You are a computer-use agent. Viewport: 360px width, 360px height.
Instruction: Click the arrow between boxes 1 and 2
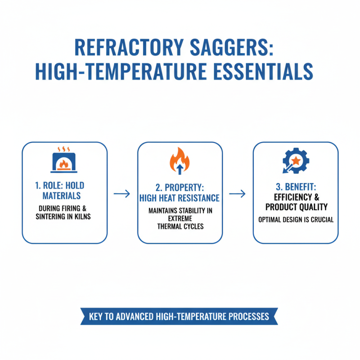122,194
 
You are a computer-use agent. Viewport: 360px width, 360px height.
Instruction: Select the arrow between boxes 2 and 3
238,194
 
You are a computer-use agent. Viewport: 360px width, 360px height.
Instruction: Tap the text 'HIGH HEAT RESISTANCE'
180,198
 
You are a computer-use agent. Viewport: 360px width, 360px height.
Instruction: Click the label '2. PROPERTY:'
180,187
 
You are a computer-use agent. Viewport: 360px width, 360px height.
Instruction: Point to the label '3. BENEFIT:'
295,186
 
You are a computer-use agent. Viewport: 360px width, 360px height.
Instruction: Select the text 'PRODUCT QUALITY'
295,207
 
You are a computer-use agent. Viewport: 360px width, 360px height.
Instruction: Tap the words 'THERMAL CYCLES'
180,226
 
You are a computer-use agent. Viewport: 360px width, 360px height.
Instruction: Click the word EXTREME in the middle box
180,218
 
